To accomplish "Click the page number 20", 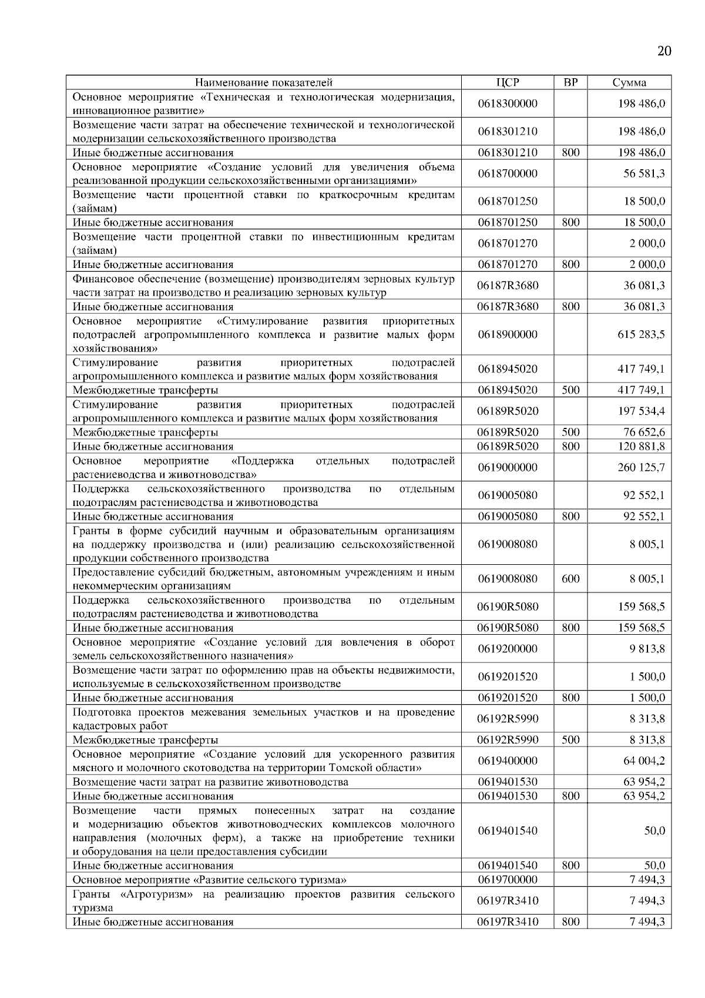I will [663, 51].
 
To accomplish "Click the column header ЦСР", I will [508, 82].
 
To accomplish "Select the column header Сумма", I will [629, 82].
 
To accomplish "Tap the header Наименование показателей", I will [264, 82].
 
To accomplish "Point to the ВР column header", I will [570, 82].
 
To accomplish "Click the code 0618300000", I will [508, 103].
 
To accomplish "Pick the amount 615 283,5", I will [641, 334].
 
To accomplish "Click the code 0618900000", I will [508, 334].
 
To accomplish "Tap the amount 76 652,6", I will [644, 432].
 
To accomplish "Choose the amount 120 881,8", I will [641, 446].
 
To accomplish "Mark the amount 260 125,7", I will [641, 467].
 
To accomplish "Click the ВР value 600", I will [570, 579].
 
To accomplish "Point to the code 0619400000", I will [508, 761].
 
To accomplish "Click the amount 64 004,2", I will [644, 761].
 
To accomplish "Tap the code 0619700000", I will [508, 879].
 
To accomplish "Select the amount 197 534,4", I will [641, 411].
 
